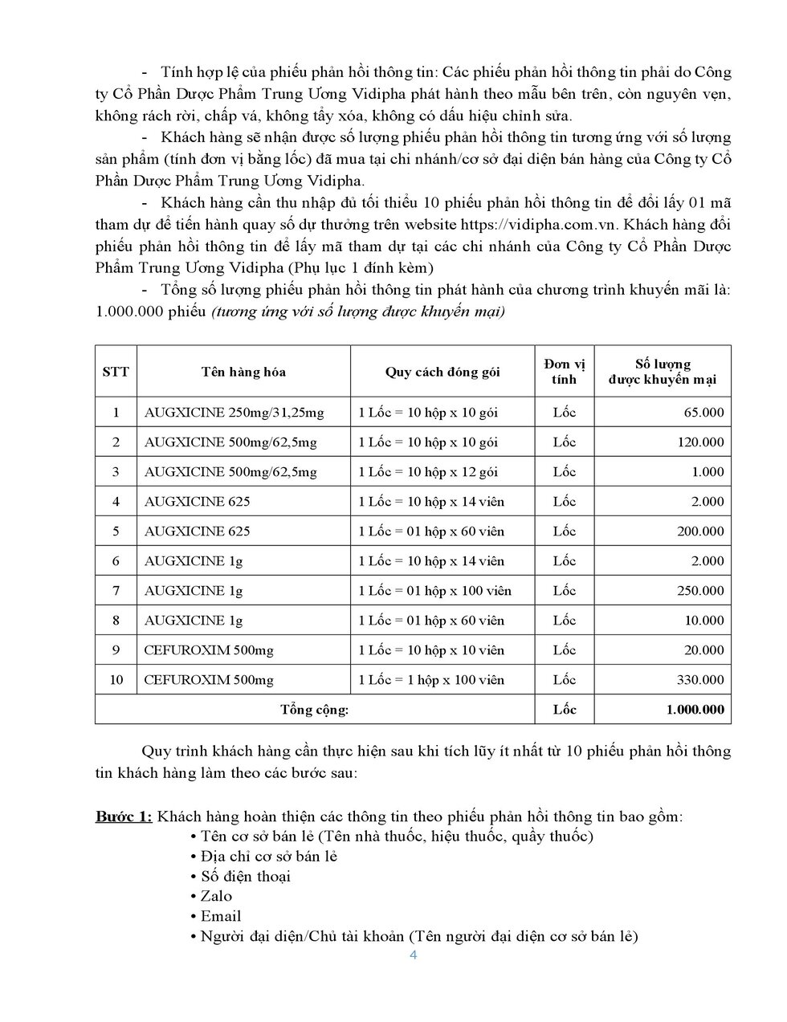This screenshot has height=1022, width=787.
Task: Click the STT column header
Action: [116, 372]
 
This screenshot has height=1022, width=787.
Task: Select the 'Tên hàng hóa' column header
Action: [243, 372]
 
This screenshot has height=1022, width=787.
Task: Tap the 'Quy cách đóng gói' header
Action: [442, 372]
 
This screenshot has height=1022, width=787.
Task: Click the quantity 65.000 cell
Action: [700, 413]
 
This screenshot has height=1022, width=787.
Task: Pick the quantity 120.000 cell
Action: [697, 442]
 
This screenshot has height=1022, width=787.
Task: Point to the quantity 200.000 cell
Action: [697, 531]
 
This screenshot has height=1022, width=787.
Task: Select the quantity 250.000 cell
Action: [697, 591]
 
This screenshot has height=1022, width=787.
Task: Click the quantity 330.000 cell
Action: [697, 680]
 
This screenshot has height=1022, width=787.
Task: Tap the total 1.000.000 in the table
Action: [695, 710]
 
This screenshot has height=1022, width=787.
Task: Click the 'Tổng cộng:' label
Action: [315, 710]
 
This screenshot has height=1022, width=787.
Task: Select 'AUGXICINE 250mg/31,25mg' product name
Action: [234, 413]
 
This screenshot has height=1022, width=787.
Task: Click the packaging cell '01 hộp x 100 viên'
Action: [434, 591]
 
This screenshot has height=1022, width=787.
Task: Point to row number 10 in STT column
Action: [116, 680]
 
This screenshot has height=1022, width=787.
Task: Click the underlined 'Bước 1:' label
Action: [124, 817]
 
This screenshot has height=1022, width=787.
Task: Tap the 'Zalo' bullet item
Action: [216, 897]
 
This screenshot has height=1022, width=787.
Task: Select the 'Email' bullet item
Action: [221, 917]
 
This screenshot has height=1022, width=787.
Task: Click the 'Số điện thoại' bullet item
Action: [245, 877]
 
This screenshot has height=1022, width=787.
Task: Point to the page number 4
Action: [414, 955]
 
